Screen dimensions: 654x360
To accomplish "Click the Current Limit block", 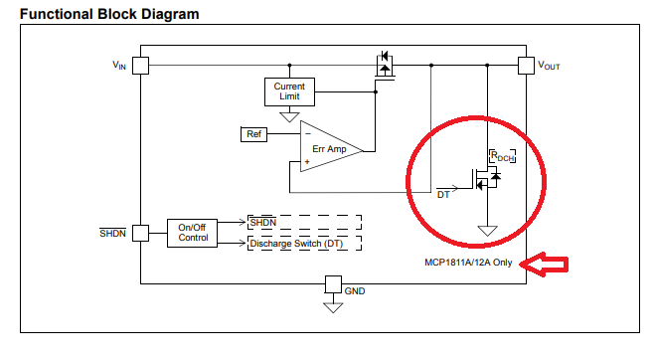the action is point(289,91).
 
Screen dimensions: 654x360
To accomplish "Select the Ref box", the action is point(253,134).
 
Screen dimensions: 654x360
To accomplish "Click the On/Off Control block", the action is point(192,233).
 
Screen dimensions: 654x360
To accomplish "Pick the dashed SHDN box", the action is point(304,223).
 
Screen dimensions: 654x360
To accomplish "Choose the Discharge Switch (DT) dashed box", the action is point(304,244).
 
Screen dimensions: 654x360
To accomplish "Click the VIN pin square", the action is point(140,66).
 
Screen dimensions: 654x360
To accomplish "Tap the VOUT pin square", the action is point(526,66).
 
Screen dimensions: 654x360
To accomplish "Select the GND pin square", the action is point(333,284).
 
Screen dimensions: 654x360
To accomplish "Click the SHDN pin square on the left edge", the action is point(140,233).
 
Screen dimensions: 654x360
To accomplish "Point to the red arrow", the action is point(545,265).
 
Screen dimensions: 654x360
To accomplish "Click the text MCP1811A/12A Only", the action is point(468,263).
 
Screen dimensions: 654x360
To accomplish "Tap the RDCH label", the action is point(502,156).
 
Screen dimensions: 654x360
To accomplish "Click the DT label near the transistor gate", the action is point(443,195).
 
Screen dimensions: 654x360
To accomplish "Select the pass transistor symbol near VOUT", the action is point(385,66).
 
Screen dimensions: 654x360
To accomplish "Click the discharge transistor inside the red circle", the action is point(486,179).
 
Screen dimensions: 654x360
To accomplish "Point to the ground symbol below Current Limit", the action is point(289,116).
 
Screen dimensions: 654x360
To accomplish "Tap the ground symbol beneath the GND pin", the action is point(333,308).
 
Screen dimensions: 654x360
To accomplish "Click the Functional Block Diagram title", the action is point(109,14).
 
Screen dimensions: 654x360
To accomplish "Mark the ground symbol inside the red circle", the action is point(487,231).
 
